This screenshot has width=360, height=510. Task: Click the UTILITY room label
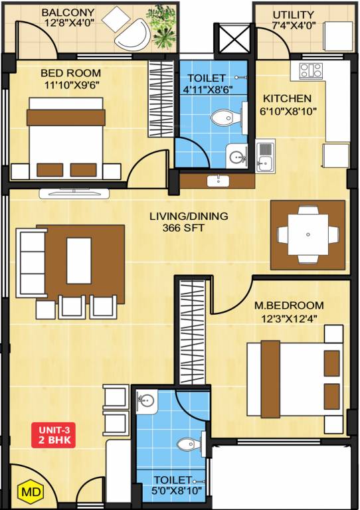[293, 14]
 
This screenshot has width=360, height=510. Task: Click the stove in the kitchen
[310, 71]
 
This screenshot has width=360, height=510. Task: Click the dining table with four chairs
[308, 234]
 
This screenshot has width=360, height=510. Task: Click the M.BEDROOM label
[290, 305]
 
